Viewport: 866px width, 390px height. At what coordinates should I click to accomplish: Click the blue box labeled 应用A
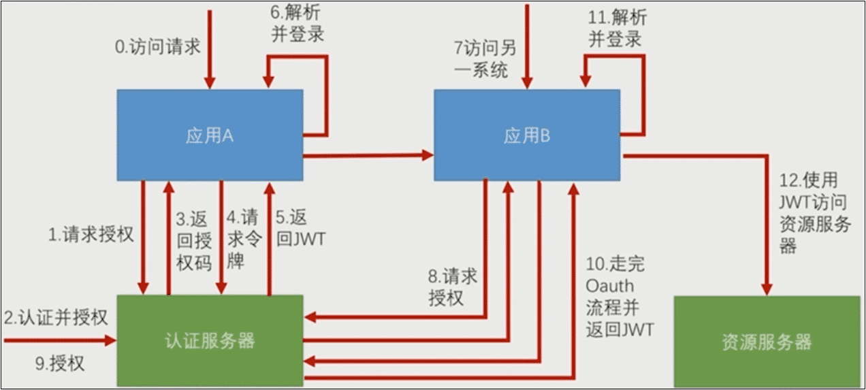(x=210, y=135)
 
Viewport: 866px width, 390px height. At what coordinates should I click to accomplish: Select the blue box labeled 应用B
(x=528, y=135)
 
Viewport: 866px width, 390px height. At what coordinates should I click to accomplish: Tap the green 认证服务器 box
(x=210, y=340)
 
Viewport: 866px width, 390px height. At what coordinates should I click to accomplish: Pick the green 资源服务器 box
(x=766, y=342)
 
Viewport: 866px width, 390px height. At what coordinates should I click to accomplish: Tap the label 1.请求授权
(x=91, y=235)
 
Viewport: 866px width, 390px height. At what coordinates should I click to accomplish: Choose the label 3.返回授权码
(x=194, y=240)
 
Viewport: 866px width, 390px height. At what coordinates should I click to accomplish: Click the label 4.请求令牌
(x=242, y=240)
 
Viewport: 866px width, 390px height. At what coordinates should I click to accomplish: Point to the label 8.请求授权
(x=452, y=287)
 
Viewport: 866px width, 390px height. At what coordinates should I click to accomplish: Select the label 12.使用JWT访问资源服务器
(x=815, y=212)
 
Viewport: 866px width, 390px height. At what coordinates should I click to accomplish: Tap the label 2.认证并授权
(x=56, y=317)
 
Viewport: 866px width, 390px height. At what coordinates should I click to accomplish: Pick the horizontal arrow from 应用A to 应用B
(x=368, y=155)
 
